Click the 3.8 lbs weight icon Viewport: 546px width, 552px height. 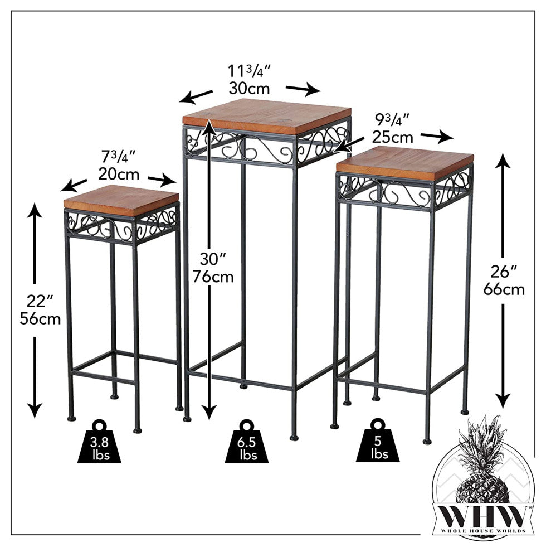click(99, 442)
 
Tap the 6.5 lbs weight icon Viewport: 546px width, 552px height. click(247, 442)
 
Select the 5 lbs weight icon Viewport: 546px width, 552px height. click(378, 440)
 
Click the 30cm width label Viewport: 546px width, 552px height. click(249, 88)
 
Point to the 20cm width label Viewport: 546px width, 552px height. click(119, 174)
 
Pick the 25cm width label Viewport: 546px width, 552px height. click(393, 137)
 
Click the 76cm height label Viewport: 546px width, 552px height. click(213, 277)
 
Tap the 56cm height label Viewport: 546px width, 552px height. click(40, 319)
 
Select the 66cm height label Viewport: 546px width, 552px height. click(504, 289)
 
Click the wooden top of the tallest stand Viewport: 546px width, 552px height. click(267, 116)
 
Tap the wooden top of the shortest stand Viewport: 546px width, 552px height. click(121, 200)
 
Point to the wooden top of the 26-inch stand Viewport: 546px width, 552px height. click(404, 163)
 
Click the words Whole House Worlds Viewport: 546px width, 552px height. click(484, 531)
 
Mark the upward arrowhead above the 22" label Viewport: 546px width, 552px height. click(35, 210)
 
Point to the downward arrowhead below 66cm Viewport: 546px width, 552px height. click(503, 401)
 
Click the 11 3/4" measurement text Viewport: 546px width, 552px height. click(249, 71)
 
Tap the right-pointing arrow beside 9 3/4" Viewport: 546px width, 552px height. click(437, 137)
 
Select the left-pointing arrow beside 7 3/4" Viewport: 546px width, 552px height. click(74, 185)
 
